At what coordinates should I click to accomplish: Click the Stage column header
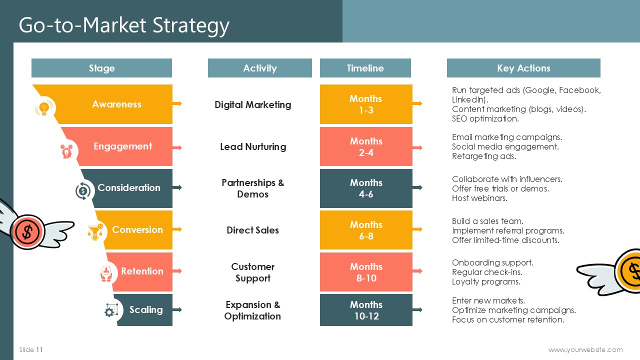(x=101, y=68)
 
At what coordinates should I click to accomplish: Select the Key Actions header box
(x=523, y=68)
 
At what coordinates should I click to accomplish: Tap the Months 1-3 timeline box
(x=366, y=104)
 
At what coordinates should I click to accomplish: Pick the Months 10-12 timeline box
(x=366, y=310)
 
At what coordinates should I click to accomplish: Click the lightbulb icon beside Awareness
(x=44, y=108)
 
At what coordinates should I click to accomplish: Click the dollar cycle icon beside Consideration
(x=83, y=191)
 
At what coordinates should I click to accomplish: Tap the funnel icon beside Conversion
(x=95, y=232)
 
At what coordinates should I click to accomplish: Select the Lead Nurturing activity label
(x=253, y=147)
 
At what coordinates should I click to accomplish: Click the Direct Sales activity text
(x=252, y=230)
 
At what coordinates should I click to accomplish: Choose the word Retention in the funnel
(x=142, y=271)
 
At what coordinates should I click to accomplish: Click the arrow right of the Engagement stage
(x=177, y=147)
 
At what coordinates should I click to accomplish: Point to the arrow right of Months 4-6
(x=417, y=187)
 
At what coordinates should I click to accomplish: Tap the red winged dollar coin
(x=27, y=231)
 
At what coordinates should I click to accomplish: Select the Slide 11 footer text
(x=31, y=349)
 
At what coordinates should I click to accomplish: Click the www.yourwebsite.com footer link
(x=585, y=349)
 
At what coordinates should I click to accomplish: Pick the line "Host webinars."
(x=479, y=198)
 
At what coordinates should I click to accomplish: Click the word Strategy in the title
(x=191, y=25)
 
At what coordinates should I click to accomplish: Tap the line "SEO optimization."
(x=485, y=118)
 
